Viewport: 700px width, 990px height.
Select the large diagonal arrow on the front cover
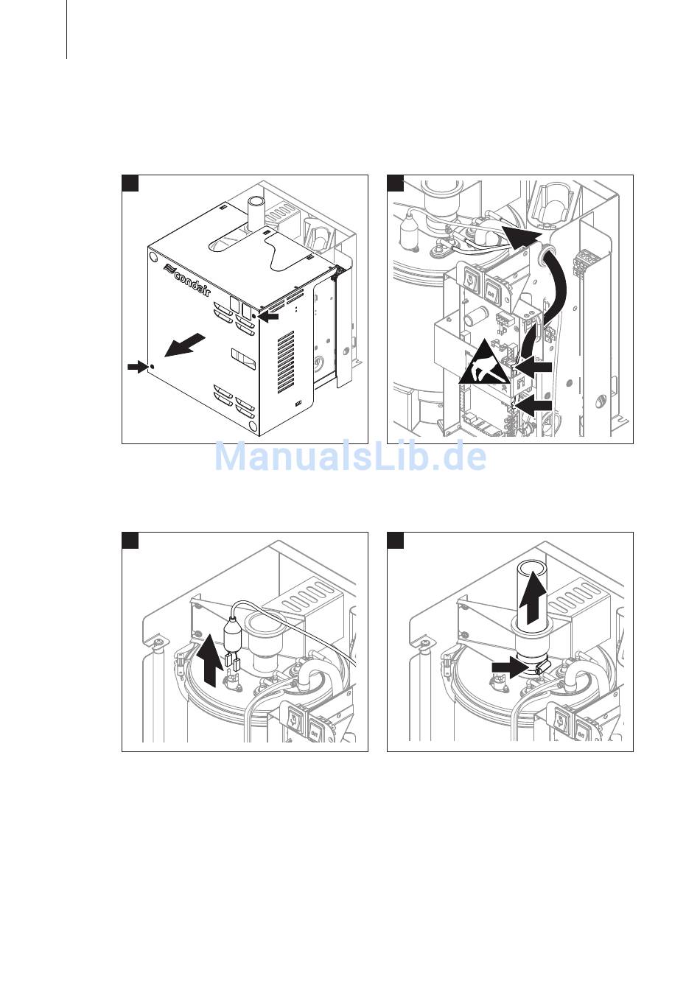point(184,345)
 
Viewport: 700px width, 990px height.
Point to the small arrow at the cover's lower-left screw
point(137,366)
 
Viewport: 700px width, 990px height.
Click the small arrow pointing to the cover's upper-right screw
point(268,317)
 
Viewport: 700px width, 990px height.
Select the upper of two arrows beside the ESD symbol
point(534,367)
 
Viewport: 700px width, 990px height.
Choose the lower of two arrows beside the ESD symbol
point(534,405)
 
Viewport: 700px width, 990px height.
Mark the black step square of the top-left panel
point(130,183)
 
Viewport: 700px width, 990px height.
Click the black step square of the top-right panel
point(396,183)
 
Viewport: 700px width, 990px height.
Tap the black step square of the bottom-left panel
point(130,540)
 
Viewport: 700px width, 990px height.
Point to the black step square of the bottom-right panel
point(396,540)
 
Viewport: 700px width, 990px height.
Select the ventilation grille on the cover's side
point(286,362)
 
